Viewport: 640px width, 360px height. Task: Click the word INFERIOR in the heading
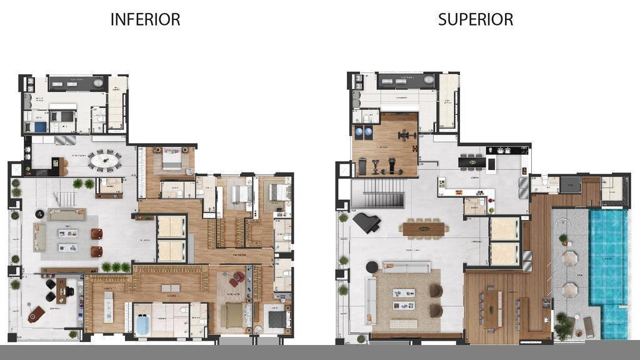click(x=145, y=19)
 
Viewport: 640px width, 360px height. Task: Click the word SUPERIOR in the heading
click(x=475, y=19)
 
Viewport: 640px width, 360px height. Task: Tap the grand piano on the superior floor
click(x=366, y=222)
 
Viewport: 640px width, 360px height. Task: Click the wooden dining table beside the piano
click(x=425, y=229)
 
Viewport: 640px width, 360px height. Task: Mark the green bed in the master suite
click(x=235, y=316)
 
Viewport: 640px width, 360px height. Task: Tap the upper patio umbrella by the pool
click(x=569, y=258)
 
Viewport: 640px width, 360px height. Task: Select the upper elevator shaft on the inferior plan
click(x=171, y=227)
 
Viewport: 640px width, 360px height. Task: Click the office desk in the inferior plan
click(x=61, y=290)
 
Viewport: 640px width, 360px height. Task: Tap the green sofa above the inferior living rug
click(x=67, y=214)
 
